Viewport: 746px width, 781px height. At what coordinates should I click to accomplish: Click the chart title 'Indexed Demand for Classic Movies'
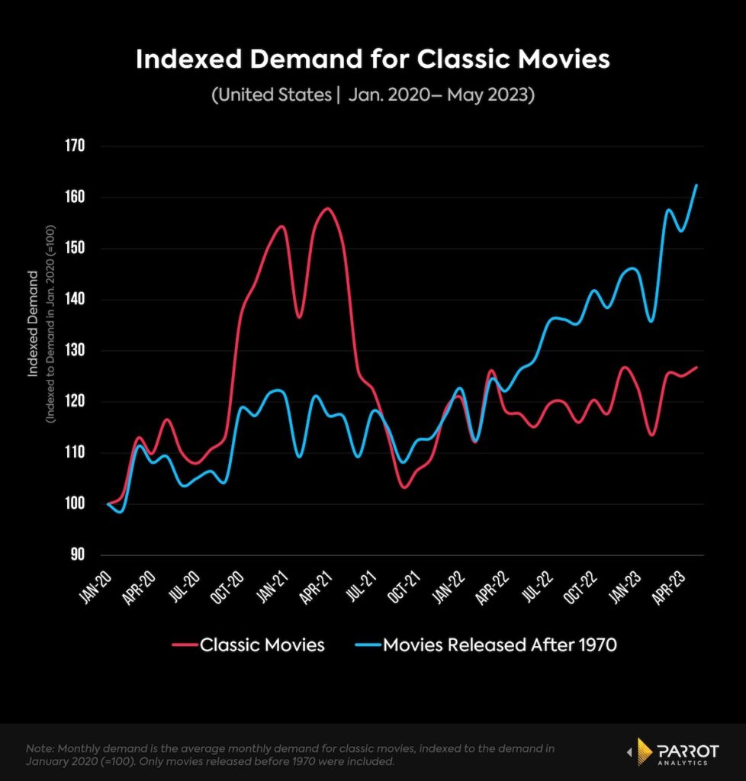coord(372,60)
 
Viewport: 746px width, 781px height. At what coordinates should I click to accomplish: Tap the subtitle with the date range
coord(372,96)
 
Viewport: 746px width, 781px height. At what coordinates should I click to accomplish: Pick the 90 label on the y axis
coord(76,555)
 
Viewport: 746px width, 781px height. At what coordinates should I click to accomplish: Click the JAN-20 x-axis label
coord(96,590)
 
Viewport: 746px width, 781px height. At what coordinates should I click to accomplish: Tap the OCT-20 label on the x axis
coord(227,590)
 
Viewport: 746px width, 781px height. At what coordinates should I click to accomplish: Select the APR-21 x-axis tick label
coord(315,590)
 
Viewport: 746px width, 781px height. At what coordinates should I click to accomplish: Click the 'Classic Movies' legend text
coord(262,645)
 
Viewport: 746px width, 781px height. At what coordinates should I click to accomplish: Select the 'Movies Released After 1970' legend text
coord(499,645)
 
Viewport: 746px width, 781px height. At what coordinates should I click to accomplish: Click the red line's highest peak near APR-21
coord(327,208)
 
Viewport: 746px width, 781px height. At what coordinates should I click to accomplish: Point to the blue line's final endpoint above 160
coord(696,185)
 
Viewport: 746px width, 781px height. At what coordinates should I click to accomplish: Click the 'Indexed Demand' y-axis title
coord(34,323)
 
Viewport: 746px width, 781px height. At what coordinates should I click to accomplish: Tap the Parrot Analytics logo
coord(671,751)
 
